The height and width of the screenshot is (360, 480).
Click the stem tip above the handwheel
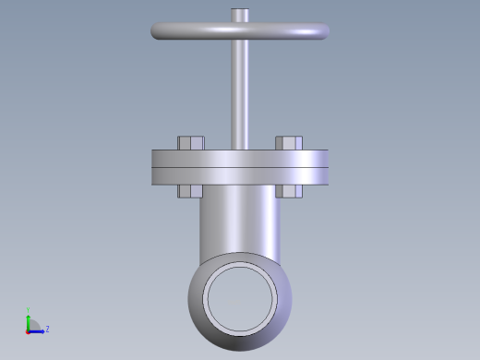point(240,16)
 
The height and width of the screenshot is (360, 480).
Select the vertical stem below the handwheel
point(240,92)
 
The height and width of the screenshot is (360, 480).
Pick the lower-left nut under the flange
point(190,191)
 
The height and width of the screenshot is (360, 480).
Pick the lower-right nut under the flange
point(289,191)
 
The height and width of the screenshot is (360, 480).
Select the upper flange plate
point(240,158)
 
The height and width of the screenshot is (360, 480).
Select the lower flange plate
point(240,176)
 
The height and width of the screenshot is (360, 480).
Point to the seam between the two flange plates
point(240,167)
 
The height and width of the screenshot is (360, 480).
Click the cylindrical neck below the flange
point(239,222)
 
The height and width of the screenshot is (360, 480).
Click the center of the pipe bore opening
point(241,296)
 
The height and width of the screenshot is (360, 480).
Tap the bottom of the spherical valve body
point(241,342)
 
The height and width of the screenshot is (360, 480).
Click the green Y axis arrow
point(29,319)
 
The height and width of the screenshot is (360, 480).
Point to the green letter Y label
point(29,310)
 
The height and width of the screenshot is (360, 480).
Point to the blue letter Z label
point(47,329)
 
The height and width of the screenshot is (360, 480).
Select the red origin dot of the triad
point(29,330)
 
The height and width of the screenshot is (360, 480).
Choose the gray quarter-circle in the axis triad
point(33,325)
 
